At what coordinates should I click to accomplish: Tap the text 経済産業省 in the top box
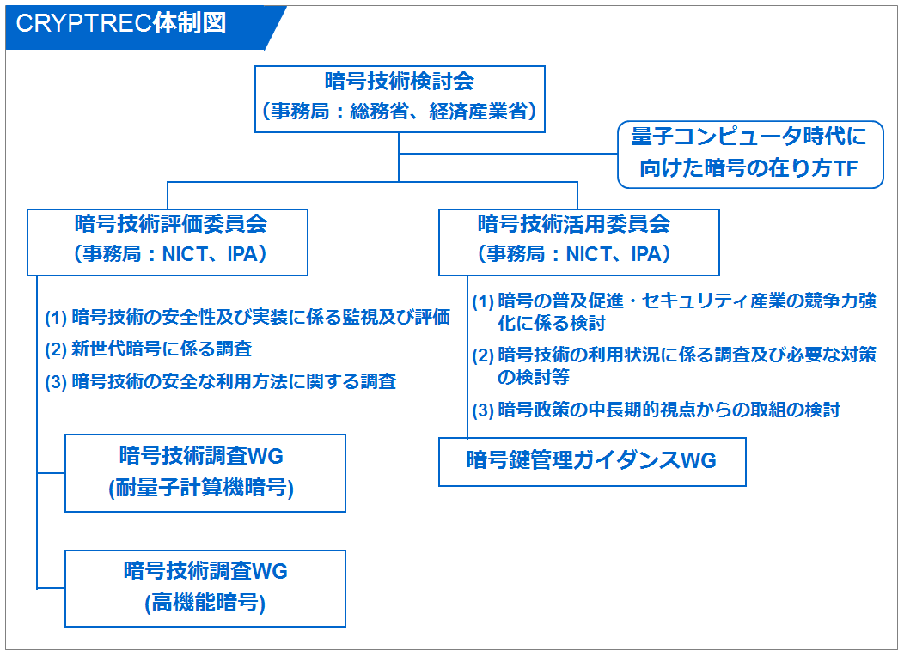coord(478,111)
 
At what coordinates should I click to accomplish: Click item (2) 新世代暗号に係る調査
coord(149,349)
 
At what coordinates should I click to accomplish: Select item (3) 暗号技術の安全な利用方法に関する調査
coord(221,381)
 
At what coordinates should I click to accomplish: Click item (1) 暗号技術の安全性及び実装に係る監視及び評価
coord(247,317)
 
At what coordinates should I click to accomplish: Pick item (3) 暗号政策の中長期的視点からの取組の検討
coord(657,410)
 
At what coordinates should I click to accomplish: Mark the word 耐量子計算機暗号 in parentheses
coord(201,488)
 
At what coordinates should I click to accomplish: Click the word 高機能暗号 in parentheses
coord(205,603)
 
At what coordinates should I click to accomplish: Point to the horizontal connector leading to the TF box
coord(508,154)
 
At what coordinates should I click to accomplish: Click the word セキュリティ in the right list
coord(680,301)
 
